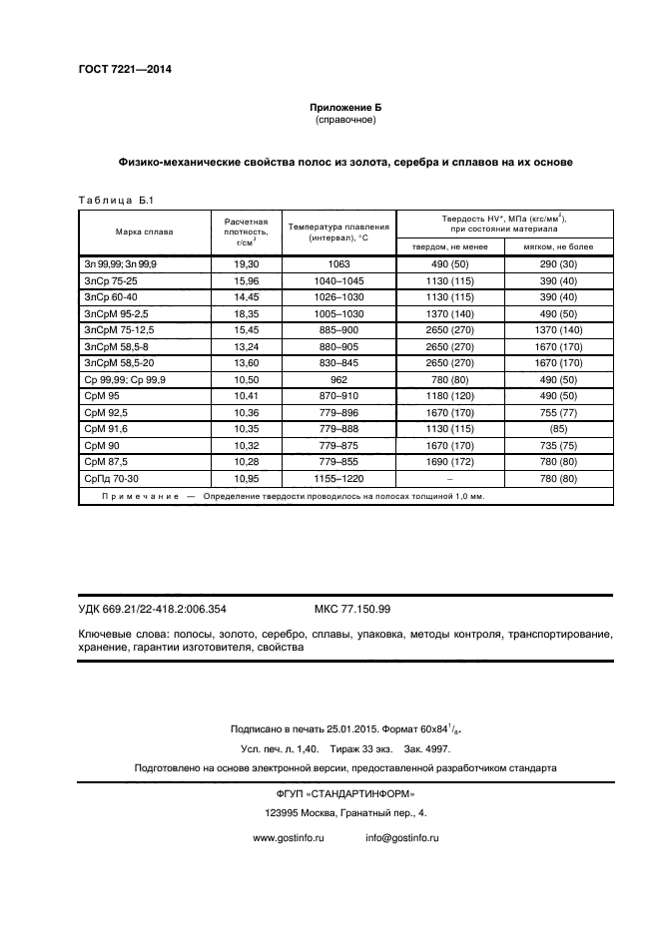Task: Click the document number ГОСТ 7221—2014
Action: click(x=125, y=69)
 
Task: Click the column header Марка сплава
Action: click(x=144, y=232)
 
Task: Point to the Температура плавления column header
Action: click(x=337, y=232)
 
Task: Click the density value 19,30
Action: click(x=246, y=263)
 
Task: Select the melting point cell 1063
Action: click(x=337, y=263)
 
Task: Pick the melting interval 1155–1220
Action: click(x=337, y=479)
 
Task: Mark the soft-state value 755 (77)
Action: click(x=558, y=412)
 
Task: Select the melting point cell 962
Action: click(x=337, y=379)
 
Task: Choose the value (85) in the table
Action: click(x=558, y=429)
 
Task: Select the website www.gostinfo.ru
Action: click(x=290, y=838)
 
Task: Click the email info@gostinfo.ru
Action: click(x=402, y=838)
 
